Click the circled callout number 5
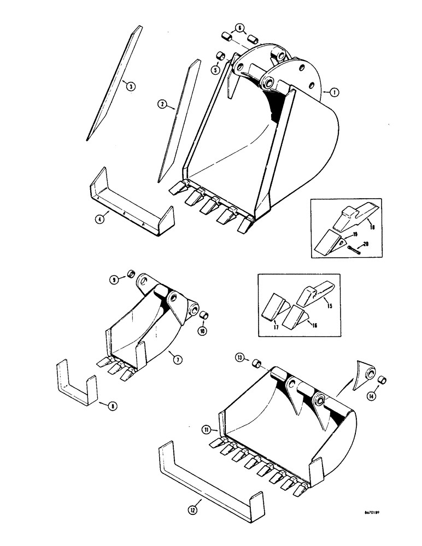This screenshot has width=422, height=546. tap(216, 69)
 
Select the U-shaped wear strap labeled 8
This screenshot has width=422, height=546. tap(77, 383)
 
